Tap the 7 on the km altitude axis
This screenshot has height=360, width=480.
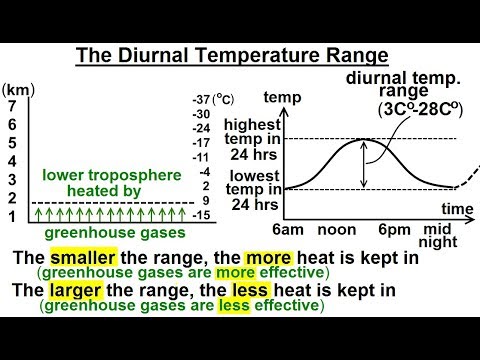click(11, 104)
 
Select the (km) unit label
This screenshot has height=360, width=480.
click(17, 88)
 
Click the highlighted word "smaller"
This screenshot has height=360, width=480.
click(82, 257)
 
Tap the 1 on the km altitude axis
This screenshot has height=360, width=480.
click(11, 216)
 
